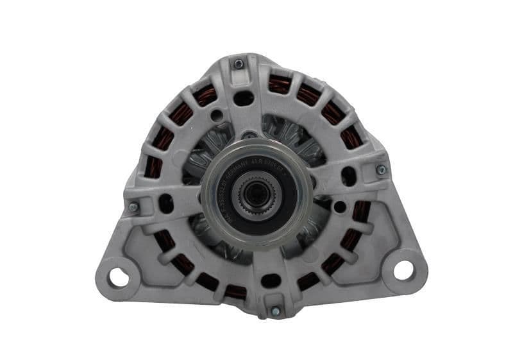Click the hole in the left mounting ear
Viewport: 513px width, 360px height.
coord(119,277)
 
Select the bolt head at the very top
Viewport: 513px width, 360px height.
coord(239,64)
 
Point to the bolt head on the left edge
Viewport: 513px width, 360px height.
coord(133,207)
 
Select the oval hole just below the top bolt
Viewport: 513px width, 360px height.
coord(244,98)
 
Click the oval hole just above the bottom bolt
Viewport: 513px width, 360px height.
coord(271,280)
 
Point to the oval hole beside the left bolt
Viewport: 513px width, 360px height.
coord(165,203)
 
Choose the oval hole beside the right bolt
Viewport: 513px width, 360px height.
coord(349,175)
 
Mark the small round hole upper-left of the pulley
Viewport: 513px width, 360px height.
coord(218,116)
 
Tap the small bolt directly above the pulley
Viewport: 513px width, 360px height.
coord(249,136)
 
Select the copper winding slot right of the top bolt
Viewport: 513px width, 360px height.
coord(278,84)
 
